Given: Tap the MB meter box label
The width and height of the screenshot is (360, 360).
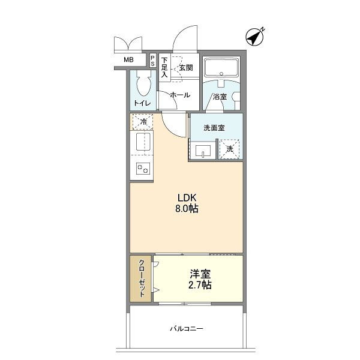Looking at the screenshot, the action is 128,60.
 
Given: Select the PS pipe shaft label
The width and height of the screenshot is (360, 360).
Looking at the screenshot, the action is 152,60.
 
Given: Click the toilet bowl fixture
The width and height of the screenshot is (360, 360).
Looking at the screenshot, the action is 143,83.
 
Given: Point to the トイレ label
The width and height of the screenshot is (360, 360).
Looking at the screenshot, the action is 142,103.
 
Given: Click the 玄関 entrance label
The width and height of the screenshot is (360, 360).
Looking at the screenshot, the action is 186,68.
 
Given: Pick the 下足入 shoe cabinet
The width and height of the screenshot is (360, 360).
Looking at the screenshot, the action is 164,67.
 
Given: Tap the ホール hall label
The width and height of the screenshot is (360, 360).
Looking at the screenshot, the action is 180,95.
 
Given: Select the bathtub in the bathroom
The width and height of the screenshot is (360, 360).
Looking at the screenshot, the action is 221,67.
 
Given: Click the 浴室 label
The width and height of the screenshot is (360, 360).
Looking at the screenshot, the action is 220,97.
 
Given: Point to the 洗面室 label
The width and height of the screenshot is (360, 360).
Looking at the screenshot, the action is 214,128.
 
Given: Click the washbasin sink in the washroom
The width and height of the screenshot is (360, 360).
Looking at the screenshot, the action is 203,151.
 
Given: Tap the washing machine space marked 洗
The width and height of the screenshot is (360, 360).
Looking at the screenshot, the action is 229,149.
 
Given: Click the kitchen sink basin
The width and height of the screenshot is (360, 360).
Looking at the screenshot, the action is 143,142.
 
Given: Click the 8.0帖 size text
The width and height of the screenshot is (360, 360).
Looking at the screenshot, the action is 187,209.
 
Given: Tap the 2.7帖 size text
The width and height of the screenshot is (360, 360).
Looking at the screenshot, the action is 200,285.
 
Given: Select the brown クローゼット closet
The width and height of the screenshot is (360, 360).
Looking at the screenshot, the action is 140,278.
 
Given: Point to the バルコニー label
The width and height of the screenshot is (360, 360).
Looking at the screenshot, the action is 187,329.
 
